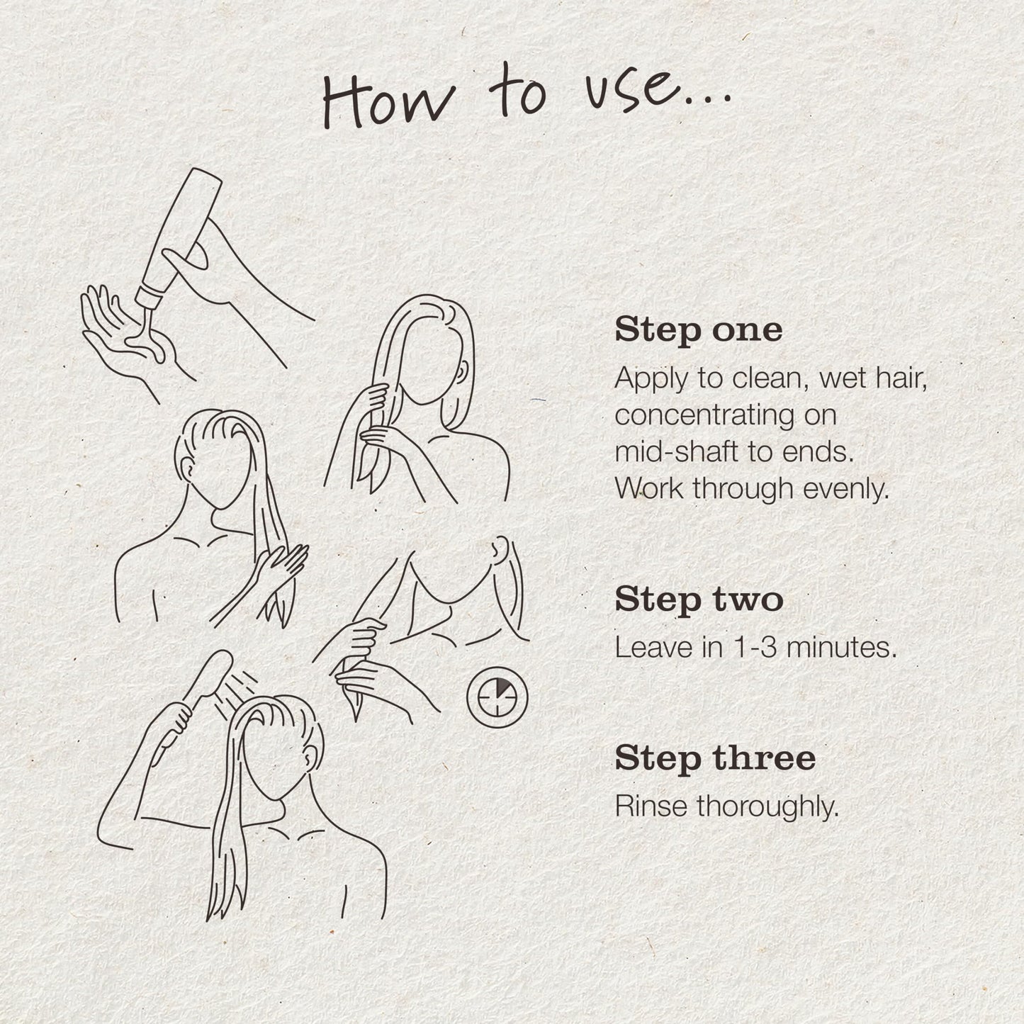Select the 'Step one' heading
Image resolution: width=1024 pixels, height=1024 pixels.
point(698,330)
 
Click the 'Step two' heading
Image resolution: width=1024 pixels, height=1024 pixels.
point(699,599)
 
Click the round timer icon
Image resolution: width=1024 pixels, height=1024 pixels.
point(497,696)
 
